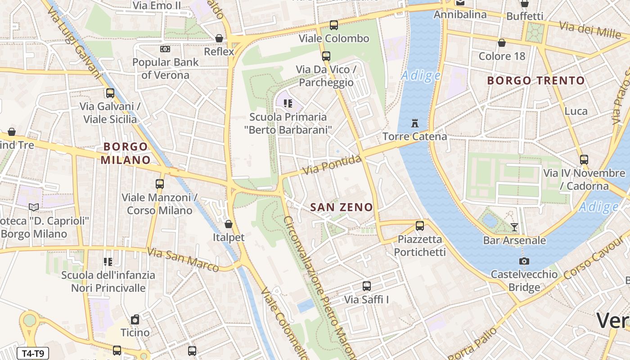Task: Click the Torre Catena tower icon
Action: (414, 123)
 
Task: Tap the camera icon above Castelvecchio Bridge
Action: (524, 261)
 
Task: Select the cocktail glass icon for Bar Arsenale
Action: (514, 227)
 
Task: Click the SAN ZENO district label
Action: (342, 207)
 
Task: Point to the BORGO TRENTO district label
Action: (536, 81)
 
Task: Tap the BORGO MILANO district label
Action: (126, 153)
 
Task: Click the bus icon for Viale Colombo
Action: (333, 25)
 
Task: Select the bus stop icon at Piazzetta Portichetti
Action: (419, 226)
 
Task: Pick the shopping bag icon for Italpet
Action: (229, 224)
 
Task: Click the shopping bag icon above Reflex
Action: (219, 38)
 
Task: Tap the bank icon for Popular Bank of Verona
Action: (165, 49)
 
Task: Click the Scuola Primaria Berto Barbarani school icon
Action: (288, 103)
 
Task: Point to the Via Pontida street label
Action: (332, 165)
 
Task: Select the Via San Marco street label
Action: (183, 260)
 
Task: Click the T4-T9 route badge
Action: (33, 353)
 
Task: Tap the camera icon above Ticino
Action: (135, 320)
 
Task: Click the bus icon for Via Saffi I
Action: (367, 286)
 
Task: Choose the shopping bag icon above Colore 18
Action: (502, 43)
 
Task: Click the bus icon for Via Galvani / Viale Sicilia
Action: (110, 93)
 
